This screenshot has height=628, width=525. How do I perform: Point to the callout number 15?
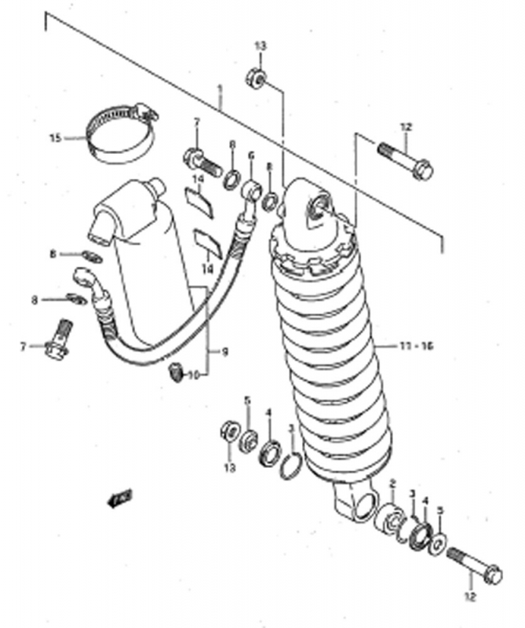55,138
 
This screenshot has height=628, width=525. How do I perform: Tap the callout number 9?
224,352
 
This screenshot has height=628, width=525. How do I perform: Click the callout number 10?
193,374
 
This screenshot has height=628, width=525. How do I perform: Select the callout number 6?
251,157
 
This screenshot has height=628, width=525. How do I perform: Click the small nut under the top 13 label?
255,78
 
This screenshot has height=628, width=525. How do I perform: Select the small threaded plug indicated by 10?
177,373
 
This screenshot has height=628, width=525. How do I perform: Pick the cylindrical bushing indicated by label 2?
388,523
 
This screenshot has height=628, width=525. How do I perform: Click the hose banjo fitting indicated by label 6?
251,190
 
